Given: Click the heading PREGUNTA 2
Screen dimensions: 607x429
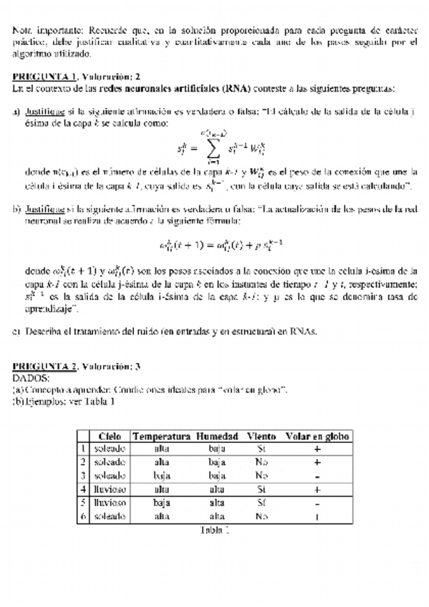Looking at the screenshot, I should [44, 366].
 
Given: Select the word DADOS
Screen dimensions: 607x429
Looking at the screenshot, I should [32, 377].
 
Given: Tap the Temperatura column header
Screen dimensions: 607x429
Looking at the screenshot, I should [162, 436].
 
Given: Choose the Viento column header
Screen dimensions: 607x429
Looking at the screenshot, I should [261, 436].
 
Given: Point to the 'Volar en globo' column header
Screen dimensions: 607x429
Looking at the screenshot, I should [317, 436].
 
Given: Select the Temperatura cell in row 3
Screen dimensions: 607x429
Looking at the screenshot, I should [162, 475].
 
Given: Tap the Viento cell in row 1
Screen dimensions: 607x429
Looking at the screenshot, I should [261, 449].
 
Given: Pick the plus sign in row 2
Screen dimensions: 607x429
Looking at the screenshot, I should [317, 462].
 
